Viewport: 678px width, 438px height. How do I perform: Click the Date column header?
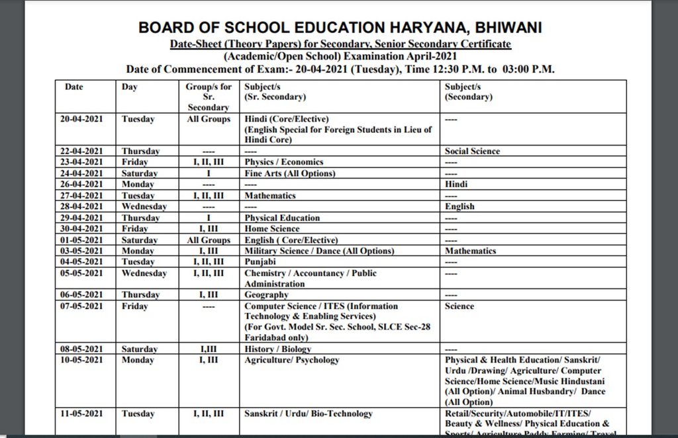74,87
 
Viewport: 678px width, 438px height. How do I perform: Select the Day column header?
129,87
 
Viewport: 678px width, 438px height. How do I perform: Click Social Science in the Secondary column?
472,151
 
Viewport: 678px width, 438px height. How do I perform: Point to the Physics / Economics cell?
283,162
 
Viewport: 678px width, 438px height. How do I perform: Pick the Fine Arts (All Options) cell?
289,173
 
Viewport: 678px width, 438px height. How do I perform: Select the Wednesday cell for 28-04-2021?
144,206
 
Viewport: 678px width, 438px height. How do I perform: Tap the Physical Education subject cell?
282,218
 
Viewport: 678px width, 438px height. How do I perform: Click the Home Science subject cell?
271,229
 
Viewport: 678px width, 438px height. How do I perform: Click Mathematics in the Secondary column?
470,251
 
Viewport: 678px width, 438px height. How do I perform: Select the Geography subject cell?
266,295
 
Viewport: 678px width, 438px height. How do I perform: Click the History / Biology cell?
277,349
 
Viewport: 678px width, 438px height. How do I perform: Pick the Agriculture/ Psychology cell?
291,360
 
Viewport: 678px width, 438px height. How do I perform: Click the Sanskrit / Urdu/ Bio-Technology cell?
308,414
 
